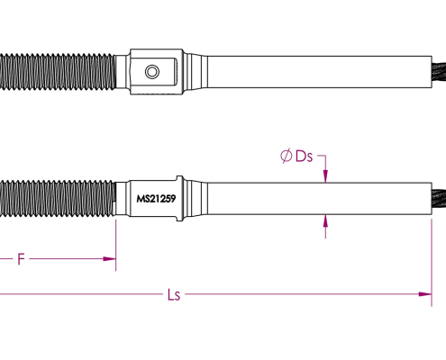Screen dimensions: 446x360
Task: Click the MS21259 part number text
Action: (x=156, y=199)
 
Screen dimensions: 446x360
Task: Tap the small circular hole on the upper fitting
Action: (x=152, y=72)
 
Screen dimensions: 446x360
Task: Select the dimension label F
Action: (x=21, y=259)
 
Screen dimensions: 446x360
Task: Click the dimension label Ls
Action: (x=174, y=294)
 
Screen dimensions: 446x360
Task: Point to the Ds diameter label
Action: (x=304, y=157)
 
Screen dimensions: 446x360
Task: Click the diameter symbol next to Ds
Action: (x=286, y=156)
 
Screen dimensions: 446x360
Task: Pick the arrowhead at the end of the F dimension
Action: (x=109, y=259)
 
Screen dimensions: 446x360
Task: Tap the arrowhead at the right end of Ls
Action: (x=425, y=294)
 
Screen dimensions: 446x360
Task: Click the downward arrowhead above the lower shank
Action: (x=325, y=176)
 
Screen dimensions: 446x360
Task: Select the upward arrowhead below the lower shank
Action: (x=325, y=221)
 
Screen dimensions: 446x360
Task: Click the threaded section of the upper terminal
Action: (x=58, y=71)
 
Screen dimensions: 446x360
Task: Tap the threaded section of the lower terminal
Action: (x=58, y=198)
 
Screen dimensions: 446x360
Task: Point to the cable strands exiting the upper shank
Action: (x=439, y=71)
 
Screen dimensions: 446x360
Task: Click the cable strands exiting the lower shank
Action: (x=439, y=198)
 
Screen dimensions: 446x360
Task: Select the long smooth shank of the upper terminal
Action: (x=320, y=72)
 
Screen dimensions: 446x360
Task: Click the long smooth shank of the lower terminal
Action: (x=320, y=198)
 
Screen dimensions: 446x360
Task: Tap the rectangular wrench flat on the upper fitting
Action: (x=154, y=72)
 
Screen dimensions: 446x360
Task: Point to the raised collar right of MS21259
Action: (x=179, y=198)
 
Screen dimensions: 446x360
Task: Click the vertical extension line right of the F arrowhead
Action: (x=116, y=245)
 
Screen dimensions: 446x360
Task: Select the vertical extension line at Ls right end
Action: (x=432, y=263)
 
